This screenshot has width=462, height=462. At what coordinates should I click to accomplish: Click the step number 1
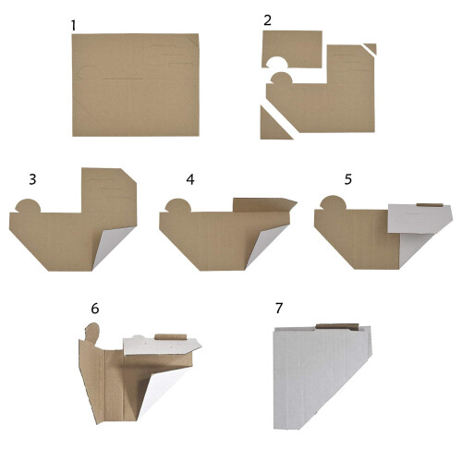(x=73, y=26)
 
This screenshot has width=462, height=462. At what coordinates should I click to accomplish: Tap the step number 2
(x=268, y=20)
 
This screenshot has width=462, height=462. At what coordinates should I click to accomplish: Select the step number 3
(x=32, y=179)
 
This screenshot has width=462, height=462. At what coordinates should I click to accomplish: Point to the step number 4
(x=190, y=179)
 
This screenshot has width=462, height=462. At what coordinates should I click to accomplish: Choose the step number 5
(x=348, y=179)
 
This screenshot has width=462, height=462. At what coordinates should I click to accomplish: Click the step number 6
(x=95, y=309)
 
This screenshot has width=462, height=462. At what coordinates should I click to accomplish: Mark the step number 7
(x=279, y=308)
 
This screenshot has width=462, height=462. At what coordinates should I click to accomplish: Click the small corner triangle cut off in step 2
(x=371, y=48)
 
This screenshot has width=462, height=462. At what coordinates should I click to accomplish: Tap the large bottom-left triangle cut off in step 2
(x=273, y=127)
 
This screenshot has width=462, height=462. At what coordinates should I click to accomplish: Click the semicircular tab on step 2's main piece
(x=281, y=79)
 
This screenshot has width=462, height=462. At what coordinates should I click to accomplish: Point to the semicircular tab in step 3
(x=28, y=206)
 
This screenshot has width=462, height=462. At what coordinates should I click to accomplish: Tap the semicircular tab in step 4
(x=178, y=205)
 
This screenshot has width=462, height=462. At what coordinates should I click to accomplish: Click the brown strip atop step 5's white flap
(x=430, y=205)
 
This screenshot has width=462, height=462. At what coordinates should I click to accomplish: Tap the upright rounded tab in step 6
(x=92, y=333)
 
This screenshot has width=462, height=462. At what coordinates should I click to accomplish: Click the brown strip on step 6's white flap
(x=171, y=336)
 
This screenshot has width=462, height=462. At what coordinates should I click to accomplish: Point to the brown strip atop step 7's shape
(x=337, y=327)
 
